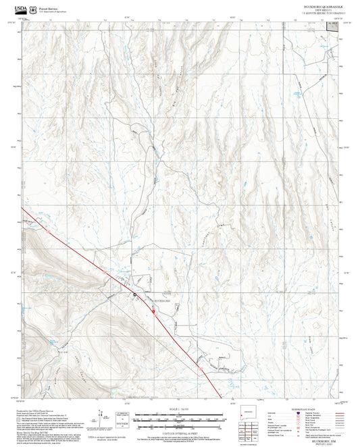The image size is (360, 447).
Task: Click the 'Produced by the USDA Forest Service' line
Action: tap(41, 410)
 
